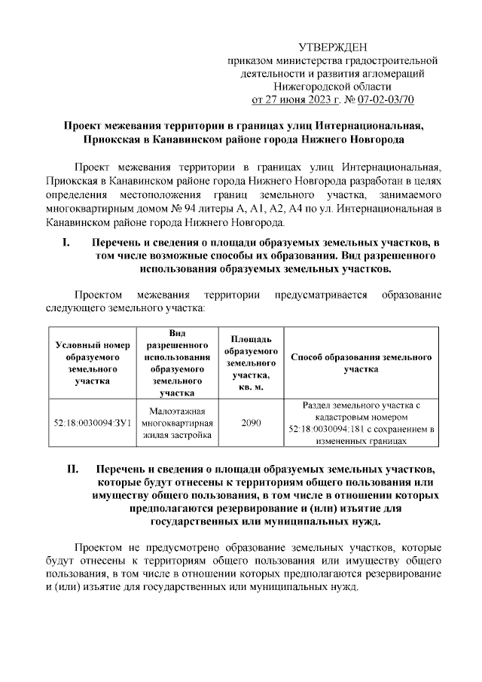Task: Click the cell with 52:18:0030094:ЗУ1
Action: (89, 423)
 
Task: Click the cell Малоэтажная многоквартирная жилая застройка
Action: (177, 423)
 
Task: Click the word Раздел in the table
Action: (319, 405)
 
